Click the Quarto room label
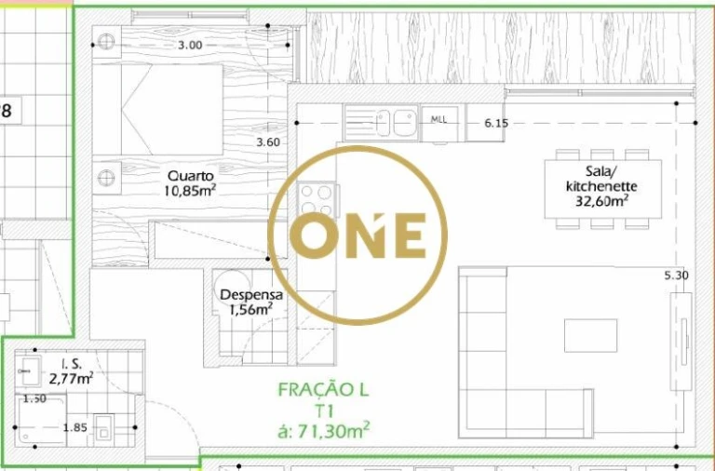(x=191, y=175)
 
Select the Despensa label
(x=246, y=296)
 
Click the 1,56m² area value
(x=250, y=310)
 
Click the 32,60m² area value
(x=602, y=199)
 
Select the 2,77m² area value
(x=72, y=378)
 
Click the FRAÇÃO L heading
(x=323, y=390)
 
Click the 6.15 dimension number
(x=496, y=123)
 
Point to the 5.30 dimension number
(x=676, y=276)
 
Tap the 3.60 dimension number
(x=268, y=142)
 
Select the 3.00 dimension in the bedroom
(x=190, y=45)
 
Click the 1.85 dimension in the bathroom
(x=74, y=428)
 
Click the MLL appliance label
(x=438, y=120)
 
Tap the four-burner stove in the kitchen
(x=317, y=199)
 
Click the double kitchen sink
(x=392, y=120)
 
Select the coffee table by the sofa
(x=591, y=335)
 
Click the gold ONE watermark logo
(x=357, y=235)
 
